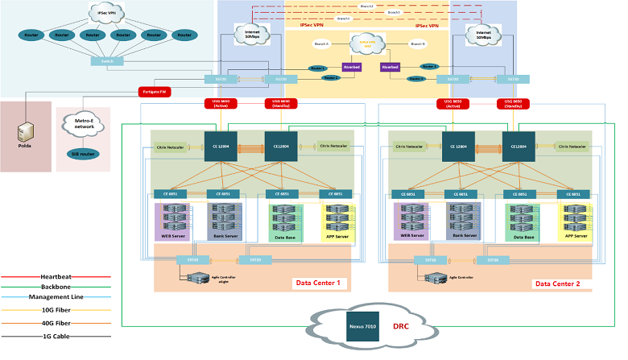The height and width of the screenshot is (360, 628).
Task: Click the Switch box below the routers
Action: point(101,61)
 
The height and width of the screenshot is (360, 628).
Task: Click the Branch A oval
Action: point(318,43)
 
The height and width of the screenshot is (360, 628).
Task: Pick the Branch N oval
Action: point(417,43)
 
